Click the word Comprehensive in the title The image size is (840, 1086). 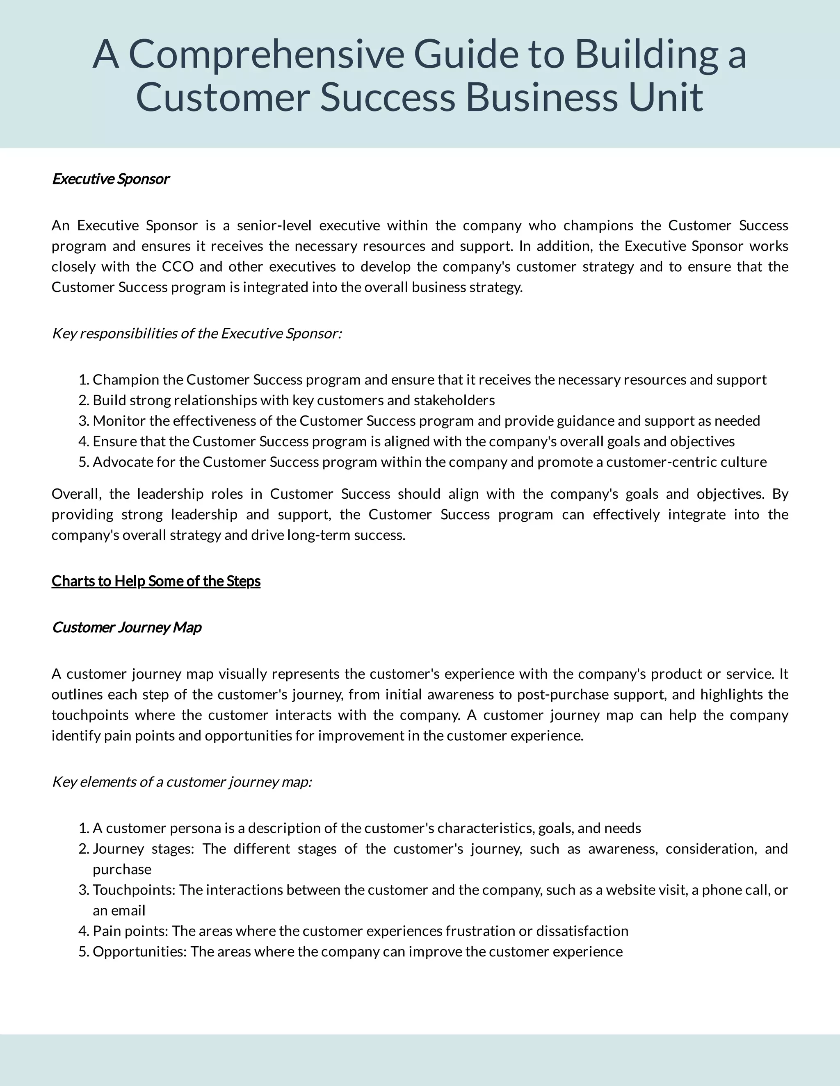click(266, 55)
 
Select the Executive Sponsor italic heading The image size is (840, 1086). click(110, 179)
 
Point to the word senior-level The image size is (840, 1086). click(274, 226)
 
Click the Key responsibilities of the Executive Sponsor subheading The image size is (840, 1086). click(196, 333)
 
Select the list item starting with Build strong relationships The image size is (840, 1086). click(294, 400)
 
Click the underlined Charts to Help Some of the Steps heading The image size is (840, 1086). click(156, 581)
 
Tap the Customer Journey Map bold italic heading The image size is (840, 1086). click(126, 627)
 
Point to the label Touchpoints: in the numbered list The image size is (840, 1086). click(134, 890)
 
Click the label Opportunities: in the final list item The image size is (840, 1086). click(139, 952)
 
